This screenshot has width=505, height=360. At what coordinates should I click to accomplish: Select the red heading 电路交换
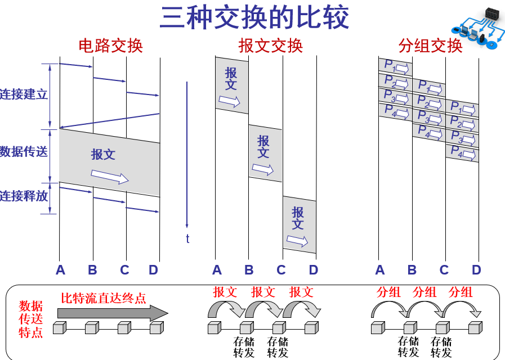pos(110,46)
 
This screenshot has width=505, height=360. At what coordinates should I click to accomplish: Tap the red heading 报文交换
pos(271,46)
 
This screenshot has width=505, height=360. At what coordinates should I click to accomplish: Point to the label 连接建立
pos(24,94)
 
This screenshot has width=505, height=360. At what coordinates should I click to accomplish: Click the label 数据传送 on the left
pos(24,151)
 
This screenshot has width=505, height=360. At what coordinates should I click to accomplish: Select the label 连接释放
pos(24,196)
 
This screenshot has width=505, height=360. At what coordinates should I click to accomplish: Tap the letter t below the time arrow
pos(187,239)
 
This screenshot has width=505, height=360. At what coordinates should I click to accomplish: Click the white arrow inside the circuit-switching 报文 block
pos(110,177)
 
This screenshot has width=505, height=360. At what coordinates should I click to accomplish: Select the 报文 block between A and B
pos(231,84)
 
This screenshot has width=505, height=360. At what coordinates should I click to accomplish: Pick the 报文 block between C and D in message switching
pos(299,223)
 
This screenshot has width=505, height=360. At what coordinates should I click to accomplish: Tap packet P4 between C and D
pos(462,152)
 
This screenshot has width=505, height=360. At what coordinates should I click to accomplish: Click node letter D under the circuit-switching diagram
pos(153,271)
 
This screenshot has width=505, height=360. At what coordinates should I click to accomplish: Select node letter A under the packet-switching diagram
pos(380,271)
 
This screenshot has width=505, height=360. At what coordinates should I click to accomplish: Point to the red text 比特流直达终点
pos(104,298)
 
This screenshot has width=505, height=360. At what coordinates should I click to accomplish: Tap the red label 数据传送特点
pos(31,319)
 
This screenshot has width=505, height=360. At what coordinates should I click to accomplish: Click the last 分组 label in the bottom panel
pos(461,292)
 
